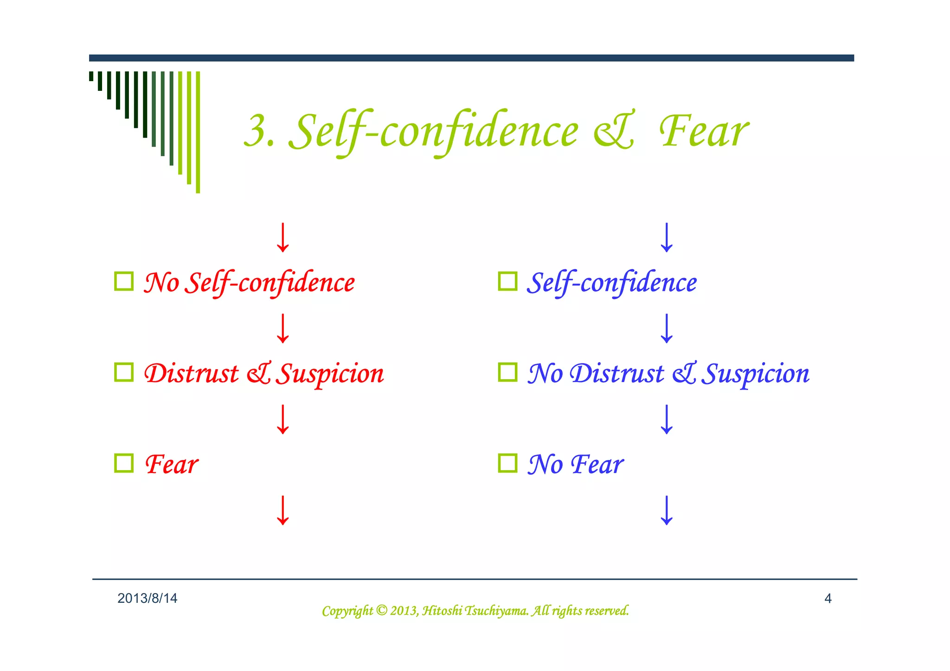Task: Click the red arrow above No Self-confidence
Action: (x=282, y=237)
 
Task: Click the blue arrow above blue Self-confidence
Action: (x=667, y=237)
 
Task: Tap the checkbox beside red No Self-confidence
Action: (x=124, y=281)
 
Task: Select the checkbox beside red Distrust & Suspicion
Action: (x=124, y=372)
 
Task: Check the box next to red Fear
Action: (x=124, y=463)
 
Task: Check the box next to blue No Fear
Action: (x=507, y=463)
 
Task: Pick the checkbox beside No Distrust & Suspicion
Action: (x=507, y=372)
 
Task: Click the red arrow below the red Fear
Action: (x=282, y=510)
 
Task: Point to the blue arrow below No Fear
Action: (x=667, y=510)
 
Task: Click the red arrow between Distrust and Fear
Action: (x=282, y=419)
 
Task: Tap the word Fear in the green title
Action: (x=704, y=132)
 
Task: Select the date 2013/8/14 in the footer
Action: (x=147, y=599)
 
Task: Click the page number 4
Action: (x=828, y=599)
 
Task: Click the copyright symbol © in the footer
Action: (x=381, y=611)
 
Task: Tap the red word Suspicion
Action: (x=330, y=374)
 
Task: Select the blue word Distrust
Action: (x=617, y=374)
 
